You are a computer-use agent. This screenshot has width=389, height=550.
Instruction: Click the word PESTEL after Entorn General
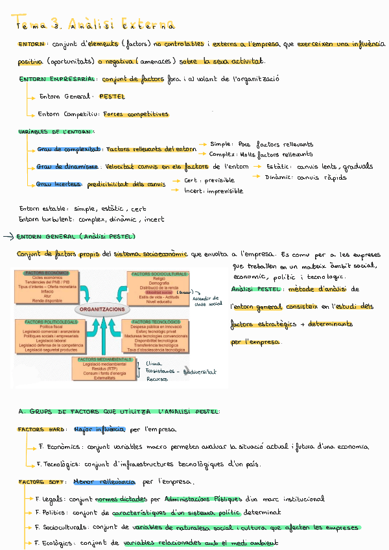coord(112,97)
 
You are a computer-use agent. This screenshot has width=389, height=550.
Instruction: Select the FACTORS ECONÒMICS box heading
coord(47,273)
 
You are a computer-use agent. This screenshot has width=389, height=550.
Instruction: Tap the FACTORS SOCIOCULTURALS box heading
coord(159,274)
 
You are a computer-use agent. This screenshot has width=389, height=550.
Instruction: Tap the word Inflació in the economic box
coord(47,291)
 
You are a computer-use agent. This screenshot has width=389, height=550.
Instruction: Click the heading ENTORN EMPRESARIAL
coord(59,80)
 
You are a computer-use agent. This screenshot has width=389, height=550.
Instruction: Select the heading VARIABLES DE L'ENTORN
coord(56,132)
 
